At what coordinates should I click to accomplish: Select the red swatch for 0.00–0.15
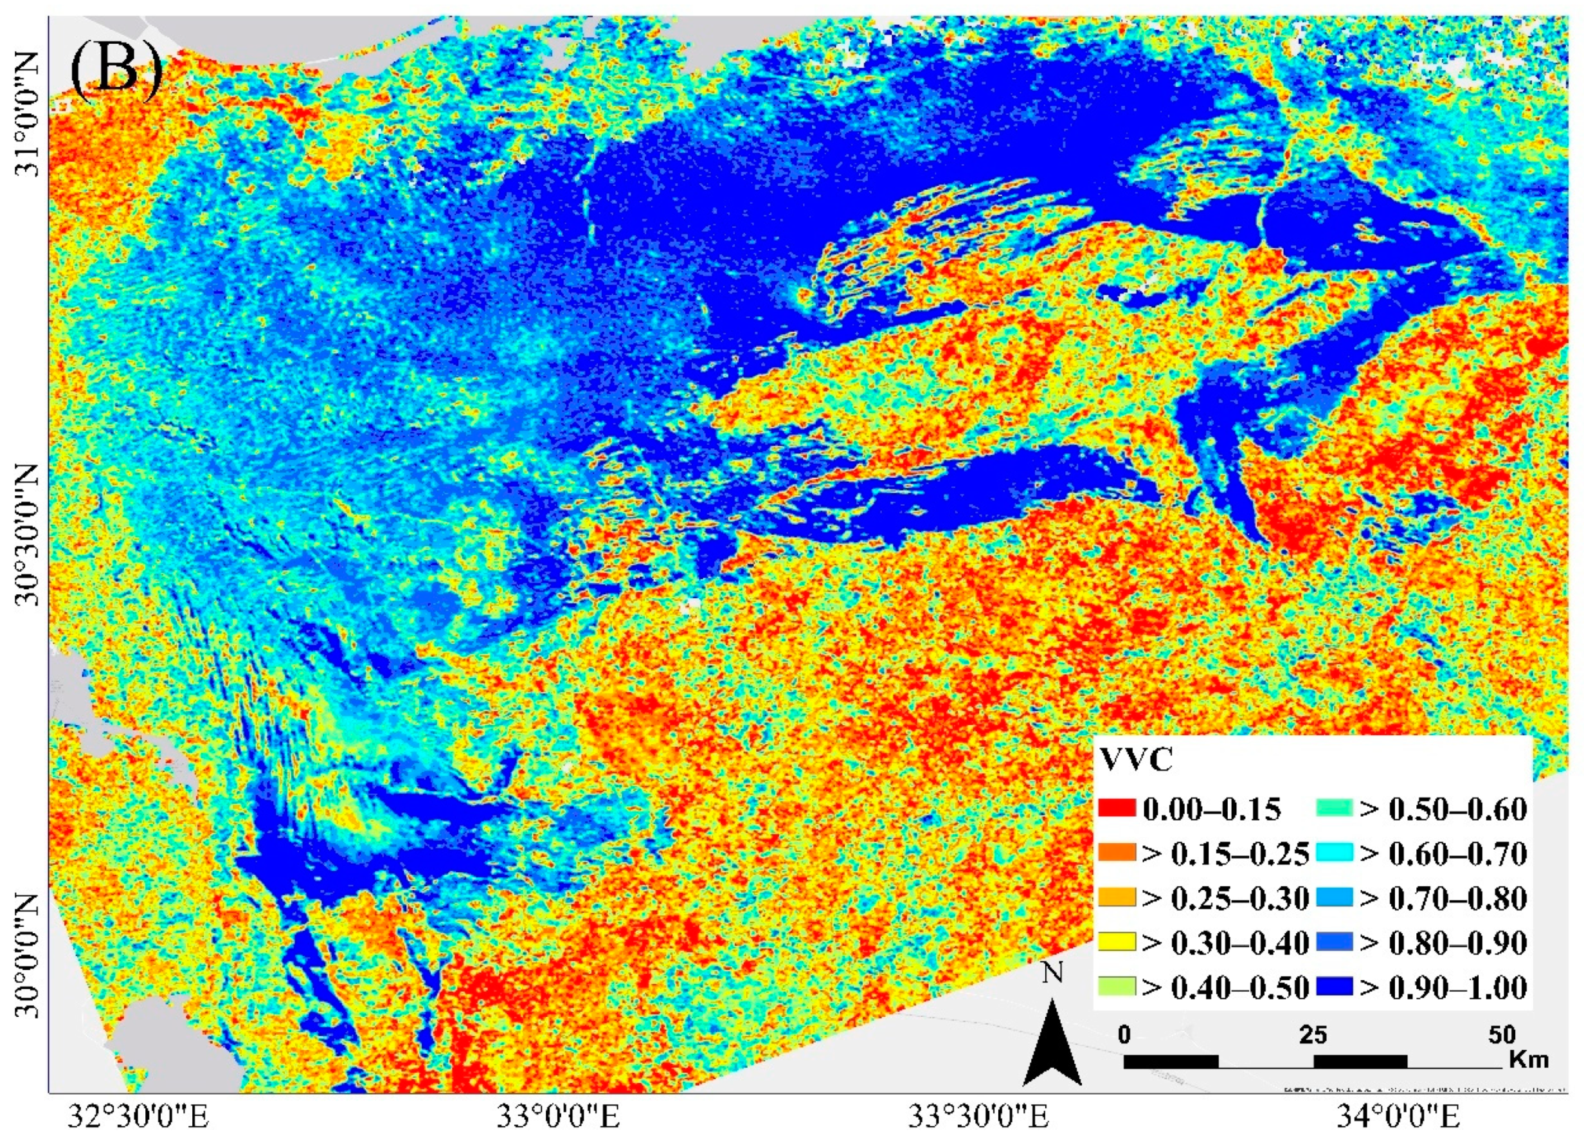1117,809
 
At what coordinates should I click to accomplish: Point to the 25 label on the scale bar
1313,1035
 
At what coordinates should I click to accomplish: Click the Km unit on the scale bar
1529,1059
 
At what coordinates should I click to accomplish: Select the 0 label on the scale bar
1124,1035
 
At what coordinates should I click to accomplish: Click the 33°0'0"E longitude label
559,1117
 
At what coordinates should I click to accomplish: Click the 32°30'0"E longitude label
139,1117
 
